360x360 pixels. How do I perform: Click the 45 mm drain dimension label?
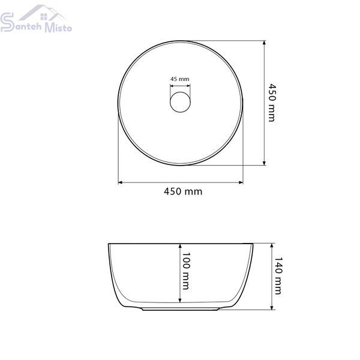coord(180,79)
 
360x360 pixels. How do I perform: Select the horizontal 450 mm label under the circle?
coord(183,191)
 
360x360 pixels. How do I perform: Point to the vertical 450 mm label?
coord(272,103)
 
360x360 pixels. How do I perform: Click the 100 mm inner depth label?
coord(185,271)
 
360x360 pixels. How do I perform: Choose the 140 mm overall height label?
coord(278,275)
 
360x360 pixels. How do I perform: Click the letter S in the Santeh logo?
coord(7,22)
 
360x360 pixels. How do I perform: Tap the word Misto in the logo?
coord(58,27)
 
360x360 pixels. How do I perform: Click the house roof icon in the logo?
coord(43,13)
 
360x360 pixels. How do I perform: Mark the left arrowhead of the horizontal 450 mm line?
coord(120,182)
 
